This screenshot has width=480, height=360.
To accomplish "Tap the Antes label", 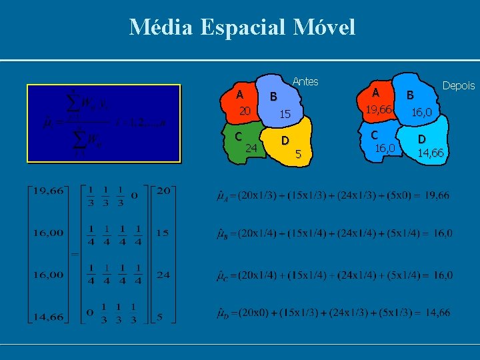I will coord(305,81).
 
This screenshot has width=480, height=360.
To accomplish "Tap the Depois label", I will coord(459,85).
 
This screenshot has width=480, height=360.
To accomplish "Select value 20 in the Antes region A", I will coord(245,111).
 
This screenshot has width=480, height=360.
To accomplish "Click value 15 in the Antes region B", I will coord(285,115).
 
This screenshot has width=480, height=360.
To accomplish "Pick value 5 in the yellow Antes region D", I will coord(299,155).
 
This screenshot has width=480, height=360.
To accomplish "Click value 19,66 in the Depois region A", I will coord(376,109).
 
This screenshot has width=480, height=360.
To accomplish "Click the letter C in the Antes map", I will coord(238,136).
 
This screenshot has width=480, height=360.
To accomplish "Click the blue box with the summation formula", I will coord(103,123).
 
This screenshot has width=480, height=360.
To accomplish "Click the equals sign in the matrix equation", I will coord(75,254).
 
